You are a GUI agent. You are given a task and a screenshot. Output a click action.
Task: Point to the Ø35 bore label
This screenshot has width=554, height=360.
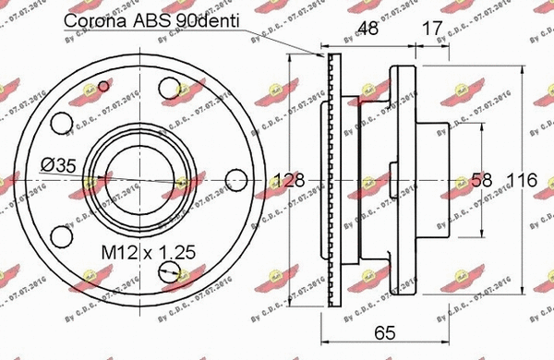(x=56, y=166)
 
